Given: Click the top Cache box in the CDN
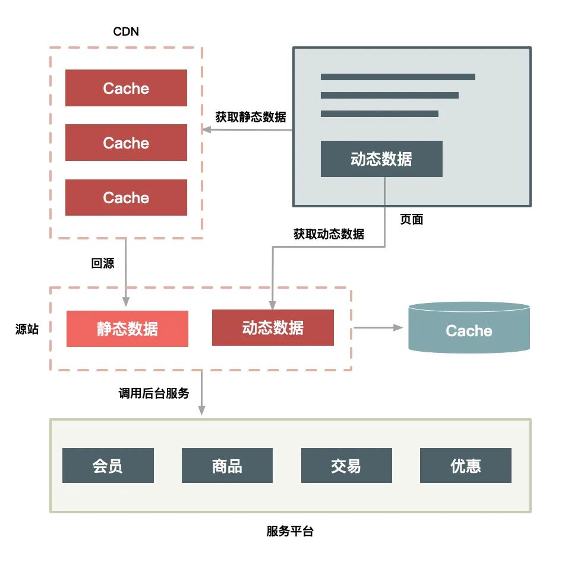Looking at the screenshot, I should [x=126, y=88].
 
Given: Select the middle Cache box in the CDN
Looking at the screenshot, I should [x=126, y=143].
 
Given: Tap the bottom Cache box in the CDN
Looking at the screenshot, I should [x=126, y=197].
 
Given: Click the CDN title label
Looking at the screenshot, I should [x=126, y=31].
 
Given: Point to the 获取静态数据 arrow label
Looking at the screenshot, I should [x=250, y=117].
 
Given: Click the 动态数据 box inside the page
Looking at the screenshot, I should [x=381, y=159].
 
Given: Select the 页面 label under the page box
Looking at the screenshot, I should [x=411, y=219].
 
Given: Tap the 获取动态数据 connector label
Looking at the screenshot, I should [x=329, y=233].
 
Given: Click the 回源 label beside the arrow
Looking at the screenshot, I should [x=103, y=263].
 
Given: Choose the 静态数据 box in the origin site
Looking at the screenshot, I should [x=127, y=329].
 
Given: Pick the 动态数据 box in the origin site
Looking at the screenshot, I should [x=273, y=327].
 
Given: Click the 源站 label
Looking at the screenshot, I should [x=27, y=329].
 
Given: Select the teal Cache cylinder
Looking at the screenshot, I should [x=469, y=330].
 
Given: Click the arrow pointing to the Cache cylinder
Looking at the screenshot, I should [x=378, y=327].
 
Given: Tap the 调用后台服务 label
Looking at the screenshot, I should [x=154, y=393].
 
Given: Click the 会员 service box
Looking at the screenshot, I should [x=108, y=465].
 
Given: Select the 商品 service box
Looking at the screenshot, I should [x=227, y=465].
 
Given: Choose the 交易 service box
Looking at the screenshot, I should [x=346, y=465].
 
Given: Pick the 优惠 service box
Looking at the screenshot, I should [x=465, y=465].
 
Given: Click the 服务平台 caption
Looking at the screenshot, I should [x=290, y=531].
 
